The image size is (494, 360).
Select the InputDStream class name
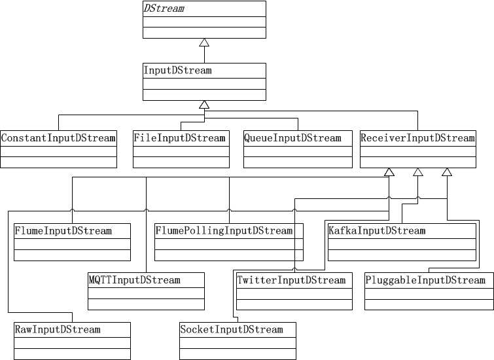tap(178, 70)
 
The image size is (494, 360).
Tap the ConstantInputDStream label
tap(58, 138)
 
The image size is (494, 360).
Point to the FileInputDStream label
tap(179, 138)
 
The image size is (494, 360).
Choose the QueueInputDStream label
tap(292, 138)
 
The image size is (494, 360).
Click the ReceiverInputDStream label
tap(417, 138)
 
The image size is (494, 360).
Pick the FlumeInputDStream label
tap(63, 231)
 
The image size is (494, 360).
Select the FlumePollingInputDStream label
tap(224, 231)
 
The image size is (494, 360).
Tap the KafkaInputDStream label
tap(377, 231)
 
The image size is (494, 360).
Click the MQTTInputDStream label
tap(134, 280)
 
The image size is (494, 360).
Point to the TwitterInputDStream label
tap(291, 280)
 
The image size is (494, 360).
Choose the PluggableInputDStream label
tap(425, 280)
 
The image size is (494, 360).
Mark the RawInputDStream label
tap(58, 329)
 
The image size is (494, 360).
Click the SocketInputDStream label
tap(232, 329)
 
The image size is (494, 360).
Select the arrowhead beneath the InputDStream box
tap(204, 105)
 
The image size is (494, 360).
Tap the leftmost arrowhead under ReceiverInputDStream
tap(389, 172)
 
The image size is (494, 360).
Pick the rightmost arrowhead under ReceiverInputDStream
tap(447, 172)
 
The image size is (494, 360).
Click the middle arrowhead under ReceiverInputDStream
tap(418, 172)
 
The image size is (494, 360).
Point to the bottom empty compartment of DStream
tap(204, 32)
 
